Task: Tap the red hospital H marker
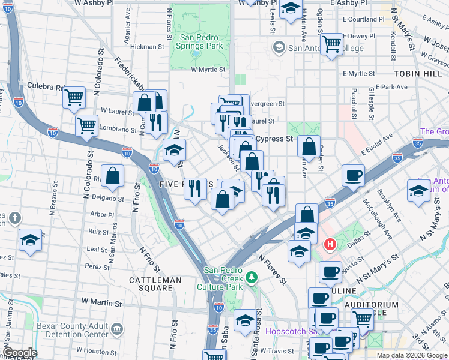click(330, 244)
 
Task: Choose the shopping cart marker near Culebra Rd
click(74, 96)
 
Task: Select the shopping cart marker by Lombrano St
click(87, 125)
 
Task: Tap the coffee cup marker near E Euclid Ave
click(353, 175)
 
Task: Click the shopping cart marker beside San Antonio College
click(331, 44)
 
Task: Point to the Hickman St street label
click(147, 46)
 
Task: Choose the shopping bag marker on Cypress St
click(309, 146)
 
